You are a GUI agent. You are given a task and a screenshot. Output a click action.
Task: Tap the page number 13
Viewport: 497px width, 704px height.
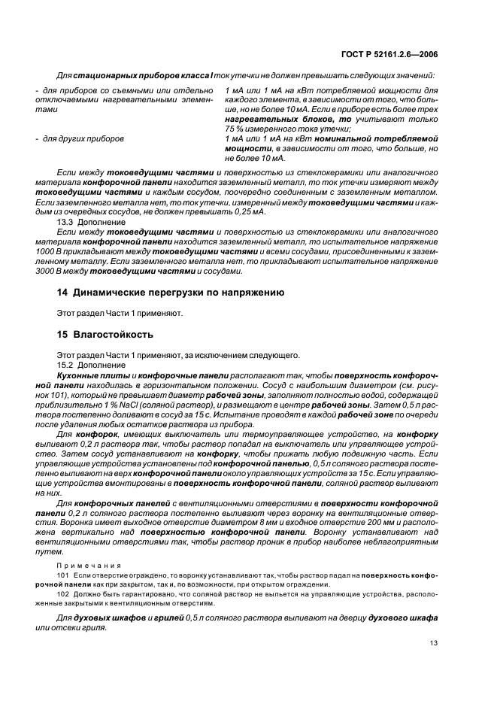pyautogui.click(x=434, y=642)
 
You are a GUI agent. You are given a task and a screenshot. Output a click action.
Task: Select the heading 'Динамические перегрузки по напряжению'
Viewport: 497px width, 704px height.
pyautogui.click(x=177, y=292)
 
